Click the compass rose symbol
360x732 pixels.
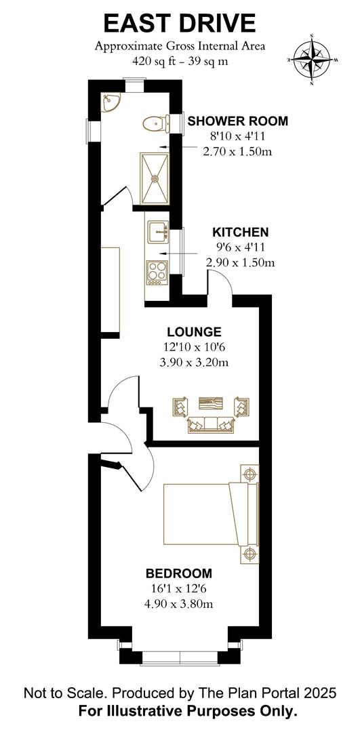[312, 60]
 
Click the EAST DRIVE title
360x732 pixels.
[180, 23]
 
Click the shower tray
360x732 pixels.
[154, 178]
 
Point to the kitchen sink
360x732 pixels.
[158, 232]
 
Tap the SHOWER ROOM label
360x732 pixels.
[238, 121]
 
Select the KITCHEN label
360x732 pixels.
[241, 232]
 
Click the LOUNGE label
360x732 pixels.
[195, 332]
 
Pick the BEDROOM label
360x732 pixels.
[179, 573]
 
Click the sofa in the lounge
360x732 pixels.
[210, 424]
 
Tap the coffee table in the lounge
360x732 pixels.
[211, 403]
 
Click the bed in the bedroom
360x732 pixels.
[211, 514]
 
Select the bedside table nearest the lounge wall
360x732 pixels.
[249, 474]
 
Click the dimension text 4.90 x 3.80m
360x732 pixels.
[179, 604]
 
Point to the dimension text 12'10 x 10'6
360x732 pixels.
[195, 347]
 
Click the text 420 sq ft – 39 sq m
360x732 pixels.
[180, 61]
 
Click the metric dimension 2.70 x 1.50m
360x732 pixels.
[237, 151]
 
